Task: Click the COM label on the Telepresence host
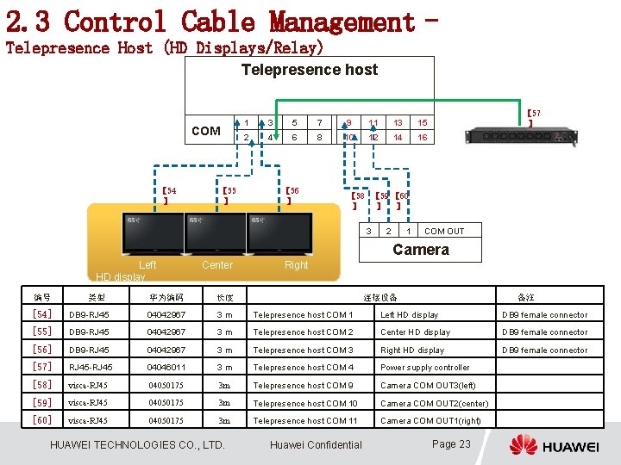click(205, 131)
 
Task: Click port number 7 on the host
click(319, 123)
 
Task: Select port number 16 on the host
click(423, 138)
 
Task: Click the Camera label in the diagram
click(421, 250)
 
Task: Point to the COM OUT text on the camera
click(444, 231)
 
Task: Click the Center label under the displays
click(217, 265)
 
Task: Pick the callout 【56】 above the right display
click(292, 195)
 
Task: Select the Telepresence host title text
click(310, 70)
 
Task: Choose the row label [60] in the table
click(41, 420)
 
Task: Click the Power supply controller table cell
click(425, 368)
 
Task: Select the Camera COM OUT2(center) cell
click(434, 403)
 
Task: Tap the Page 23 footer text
click(451, 444)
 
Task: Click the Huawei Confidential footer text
click(316, 445)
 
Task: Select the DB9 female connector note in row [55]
click(545, 332)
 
